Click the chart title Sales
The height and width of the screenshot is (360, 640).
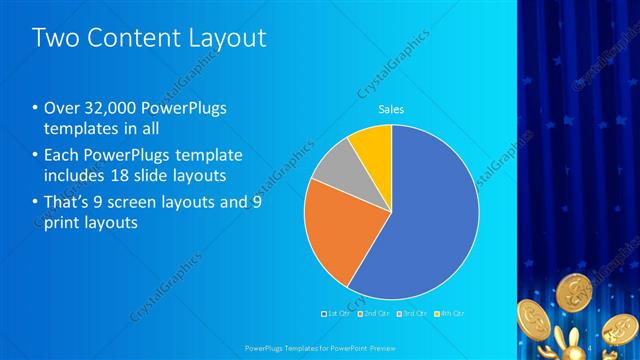(x=390, y=110)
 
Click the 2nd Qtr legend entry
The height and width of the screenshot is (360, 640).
(x=374, y=313)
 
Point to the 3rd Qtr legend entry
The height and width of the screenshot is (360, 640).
(x=414, y=313)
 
